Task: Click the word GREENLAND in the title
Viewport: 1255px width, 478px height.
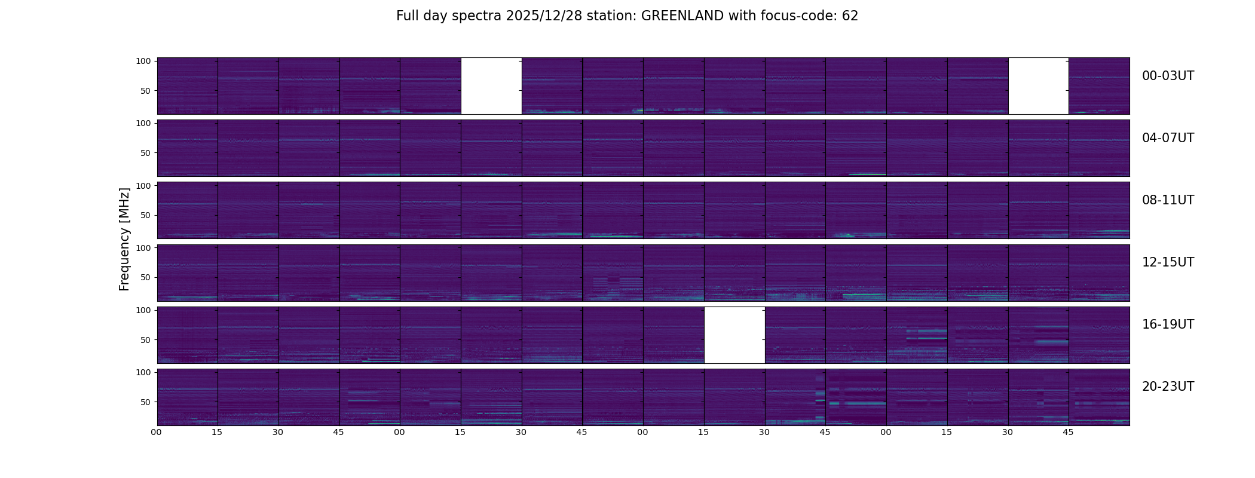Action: [682, 16]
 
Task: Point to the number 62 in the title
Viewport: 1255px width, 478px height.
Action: [850, 16]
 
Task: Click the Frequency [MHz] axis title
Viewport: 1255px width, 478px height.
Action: [124, 239]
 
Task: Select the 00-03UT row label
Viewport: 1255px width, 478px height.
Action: [1168, 76]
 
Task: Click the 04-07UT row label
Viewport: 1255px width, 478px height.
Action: [1168, 138]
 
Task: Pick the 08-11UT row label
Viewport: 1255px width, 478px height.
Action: [1168, 200]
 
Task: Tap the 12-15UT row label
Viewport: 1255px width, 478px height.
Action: [1168, 262]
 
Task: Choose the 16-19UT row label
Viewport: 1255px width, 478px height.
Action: [1168, 324]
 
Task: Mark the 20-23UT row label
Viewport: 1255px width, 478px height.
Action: [1168, 387]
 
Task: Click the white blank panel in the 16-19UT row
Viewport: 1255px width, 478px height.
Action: [734, 335]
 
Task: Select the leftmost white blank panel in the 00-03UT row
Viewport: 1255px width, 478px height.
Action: [491, 86]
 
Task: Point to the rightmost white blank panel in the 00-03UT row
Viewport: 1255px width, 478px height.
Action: [1038, 86]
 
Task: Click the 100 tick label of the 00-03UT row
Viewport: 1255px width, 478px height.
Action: [143, 61]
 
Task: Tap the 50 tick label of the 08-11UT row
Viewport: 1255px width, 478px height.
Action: [146, 215]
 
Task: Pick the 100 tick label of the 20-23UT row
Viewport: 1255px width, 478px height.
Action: [143, 372]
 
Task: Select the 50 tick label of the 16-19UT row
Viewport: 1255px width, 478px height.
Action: [146, 340]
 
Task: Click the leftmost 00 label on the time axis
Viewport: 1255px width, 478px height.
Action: [156, 432]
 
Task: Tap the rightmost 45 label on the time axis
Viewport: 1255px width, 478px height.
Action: [1068, 432]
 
